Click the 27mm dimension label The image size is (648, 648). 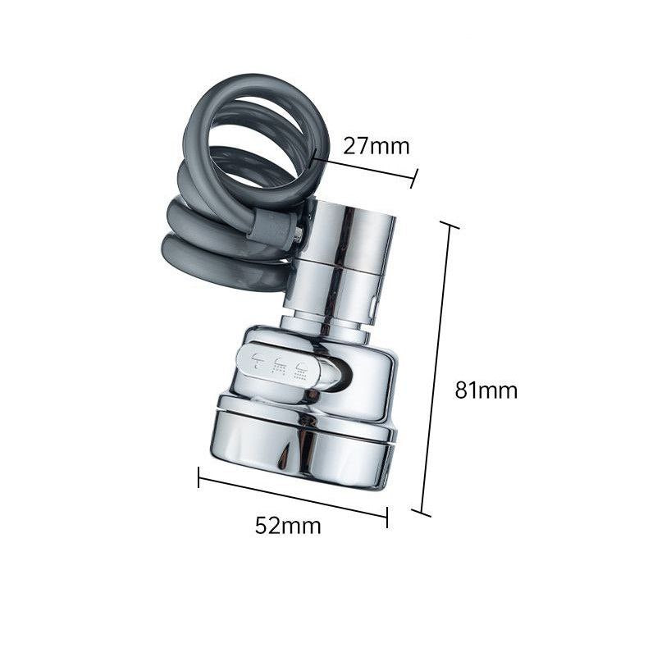pyautogui.click(x=376, y=146)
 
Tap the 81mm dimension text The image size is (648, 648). pyautogui.click(x=486, y=390)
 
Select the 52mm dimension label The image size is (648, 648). pyautogui.click(x=288, y=526)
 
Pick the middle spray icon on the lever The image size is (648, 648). pyautogui.click(x=281, y=364)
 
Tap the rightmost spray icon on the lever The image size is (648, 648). pyautogui.click(x=302, y=369)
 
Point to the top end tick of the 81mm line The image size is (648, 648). pyautogui.click(x=449, y=225)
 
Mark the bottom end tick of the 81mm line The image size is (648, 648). pyautogui.click(x=421, y=513)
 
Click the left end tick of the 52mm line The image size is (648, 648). pyautogui.click(x=199, y=477)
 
